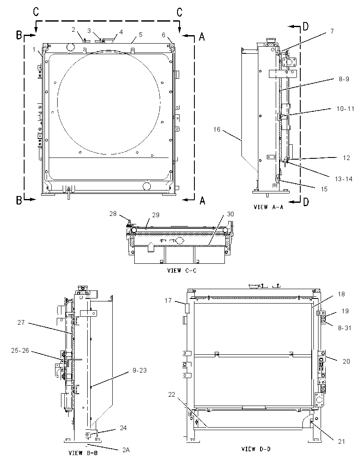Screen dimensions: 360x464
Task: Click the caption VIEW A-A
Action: click(268, 207)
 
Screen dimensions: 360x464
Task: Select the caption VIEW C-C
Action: click(182, 271)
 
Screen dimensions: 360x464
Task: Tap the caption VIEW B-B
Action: click(83, 453)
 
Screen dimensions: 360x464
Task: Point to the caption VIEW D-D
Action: click(256, 449)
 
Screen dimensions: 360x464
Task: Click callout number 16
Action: click(217, 129)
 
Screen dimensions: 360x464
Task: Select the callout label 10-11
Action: click(345, 109)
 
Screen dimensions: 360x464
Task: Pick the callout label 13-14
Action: click(344, 179)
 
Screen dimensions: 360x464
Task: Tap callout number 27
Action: click(21, 322)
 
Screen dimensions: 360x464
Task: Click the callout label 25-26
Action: click(20, 351)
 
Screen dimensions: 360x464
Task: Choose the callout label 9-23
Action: click(139, 370)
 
